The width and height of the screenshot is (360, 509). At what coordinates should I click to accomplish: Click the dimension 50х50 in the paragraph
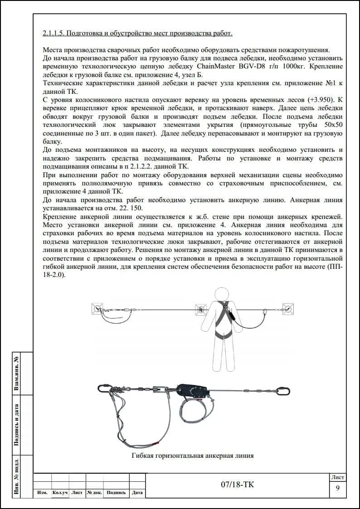coord(333,125)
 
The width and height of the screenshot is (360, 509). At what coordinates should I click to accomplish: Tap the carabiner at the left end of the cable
coord(103,388)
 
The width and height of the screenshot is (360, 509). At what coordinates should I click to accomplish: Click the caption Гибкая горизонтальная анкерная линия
coord(192,455)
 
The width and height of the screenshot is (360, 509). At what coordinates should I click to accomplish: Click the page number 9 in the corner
coord(337,488)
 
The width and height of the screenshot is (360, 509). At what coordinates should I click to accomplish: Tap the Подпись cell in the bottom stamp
coord(116,493)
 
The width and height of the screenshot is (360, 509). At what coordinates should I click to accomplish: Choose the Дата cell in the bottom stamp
coord(137,493)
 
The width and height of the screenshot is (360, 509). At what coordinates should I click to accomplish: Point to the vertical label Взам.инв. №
coord(17,373)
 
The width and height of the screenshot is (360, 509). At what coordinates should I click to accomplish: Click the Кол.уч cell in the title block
coord(60,493)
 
